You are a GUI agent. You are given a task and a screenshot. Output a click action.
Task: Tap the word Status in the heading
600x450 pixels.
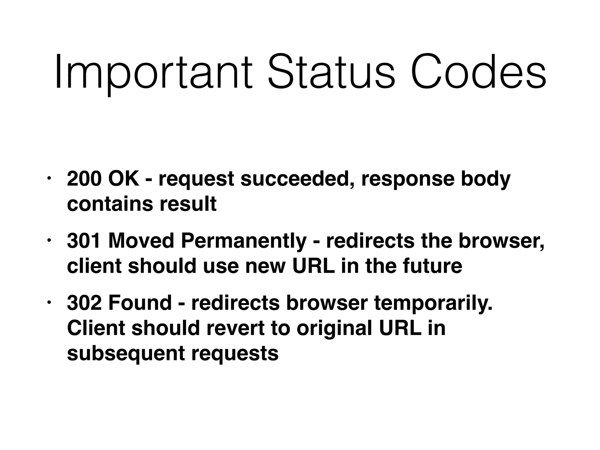[331, 72]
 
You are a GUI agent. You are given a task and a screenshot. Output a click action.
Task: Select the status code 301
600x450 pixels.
[84, 241]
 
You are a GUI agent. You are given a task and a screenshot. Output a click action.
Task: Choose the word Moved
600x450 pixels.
[141, 241]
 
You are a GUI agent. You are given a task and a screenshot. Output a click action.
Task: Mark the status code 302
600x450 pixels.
[84, 303]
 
